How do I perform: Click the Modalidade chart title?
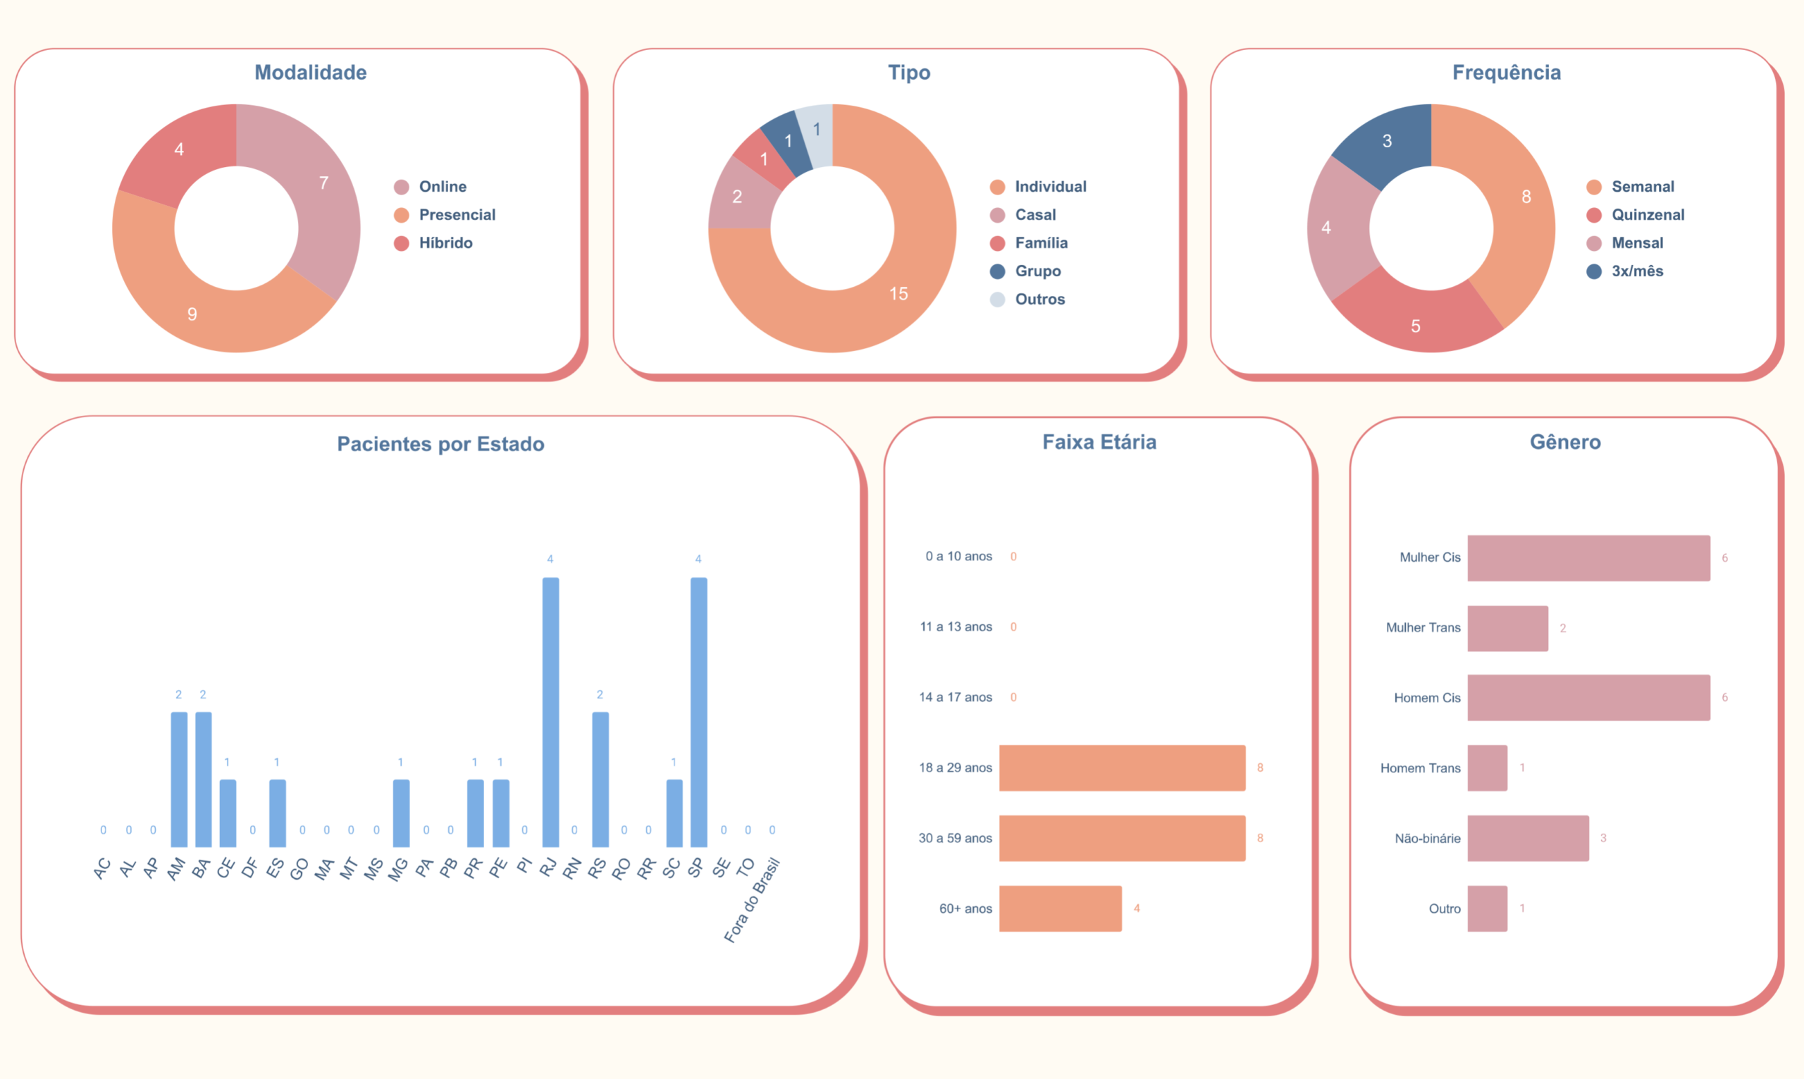tap(310, 73)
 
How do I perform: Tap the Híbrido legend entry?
tap(445, 243)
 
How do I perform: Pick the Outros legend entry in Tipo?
tap(1039, 299)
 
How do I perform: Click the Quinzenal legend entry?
tap(1647, 214)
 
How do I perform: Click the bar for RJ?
tap(550, 712)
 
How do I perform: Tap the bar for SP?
tap(698, 712)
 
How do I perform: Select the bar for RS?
tap(600, 779)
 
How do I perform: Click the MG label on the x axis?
tap(398, 869)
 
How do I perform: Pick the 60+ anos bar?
tap(1060, 908)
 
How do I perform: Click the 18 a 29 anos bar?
tap(1121, 767)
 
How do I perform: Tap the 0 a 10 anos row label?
tap(958, 556)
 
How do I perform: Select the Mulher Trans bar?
tap(1507, 628)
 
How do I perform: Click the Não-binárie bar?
tap(1527, 839)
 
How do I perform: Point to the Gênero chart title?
tap(1565, 442)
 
